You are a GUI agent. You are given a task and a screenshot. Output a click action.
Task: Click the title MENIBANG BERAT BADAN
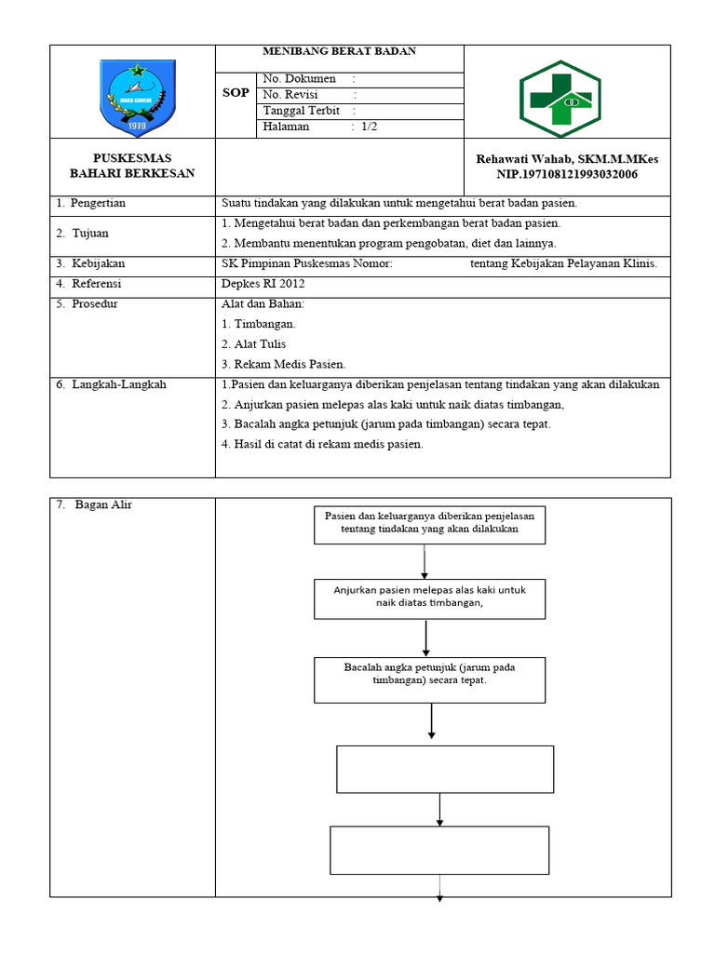[339, 51]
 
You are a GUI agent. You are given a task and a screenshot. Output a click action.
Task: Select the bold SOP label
[236, 94]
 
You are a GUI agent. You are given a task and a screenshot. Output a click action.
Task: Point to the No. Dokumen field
[300, 79]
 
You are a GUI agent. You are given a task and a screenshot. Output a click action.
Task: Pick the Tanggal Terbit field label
[302, 111]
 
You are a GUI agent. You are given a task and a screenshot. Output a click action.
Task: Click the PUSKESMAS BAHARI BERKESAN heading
[132, 167]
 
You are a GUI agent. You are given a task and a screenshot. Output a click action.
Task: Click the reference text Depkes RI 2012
[263, 284]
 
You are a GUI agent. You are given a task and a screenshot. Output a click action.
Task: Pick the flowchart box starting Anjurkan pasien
[429, 598]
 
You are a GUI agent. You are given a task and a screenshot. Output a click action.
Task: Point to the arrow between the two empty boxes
[439, 809]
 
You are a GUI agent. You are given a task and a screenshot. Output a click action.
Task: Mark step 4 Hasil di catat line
[322, 445]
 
